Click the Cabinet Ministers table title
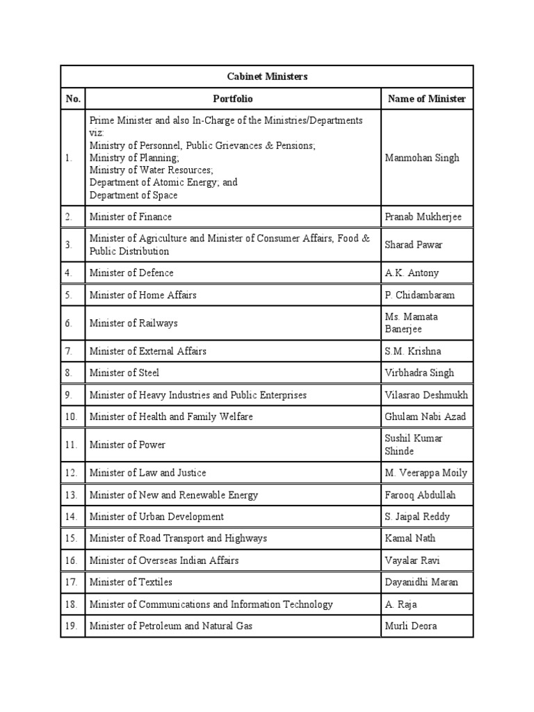[267, 76]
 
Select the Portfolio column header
[232, 99]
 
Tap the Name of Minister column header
[427, 99]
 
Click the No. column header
[73, 99]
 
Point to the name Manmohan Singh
[422, 158]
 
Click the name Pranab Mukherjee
[423, 217]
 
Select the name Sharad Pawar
[413, 245]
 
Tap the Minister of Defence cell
[131, 273]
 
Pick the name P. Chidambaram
[419, 295]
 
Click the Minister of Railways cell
[133, 323]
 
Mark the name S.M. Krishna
[412, 351]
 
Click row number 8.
[69, 373]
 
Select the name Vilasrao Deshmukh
[426, 395]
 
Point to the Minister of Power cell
[127, 444]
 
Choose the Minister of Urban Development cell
[156, 517]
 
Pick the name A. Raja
[401, 604]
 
